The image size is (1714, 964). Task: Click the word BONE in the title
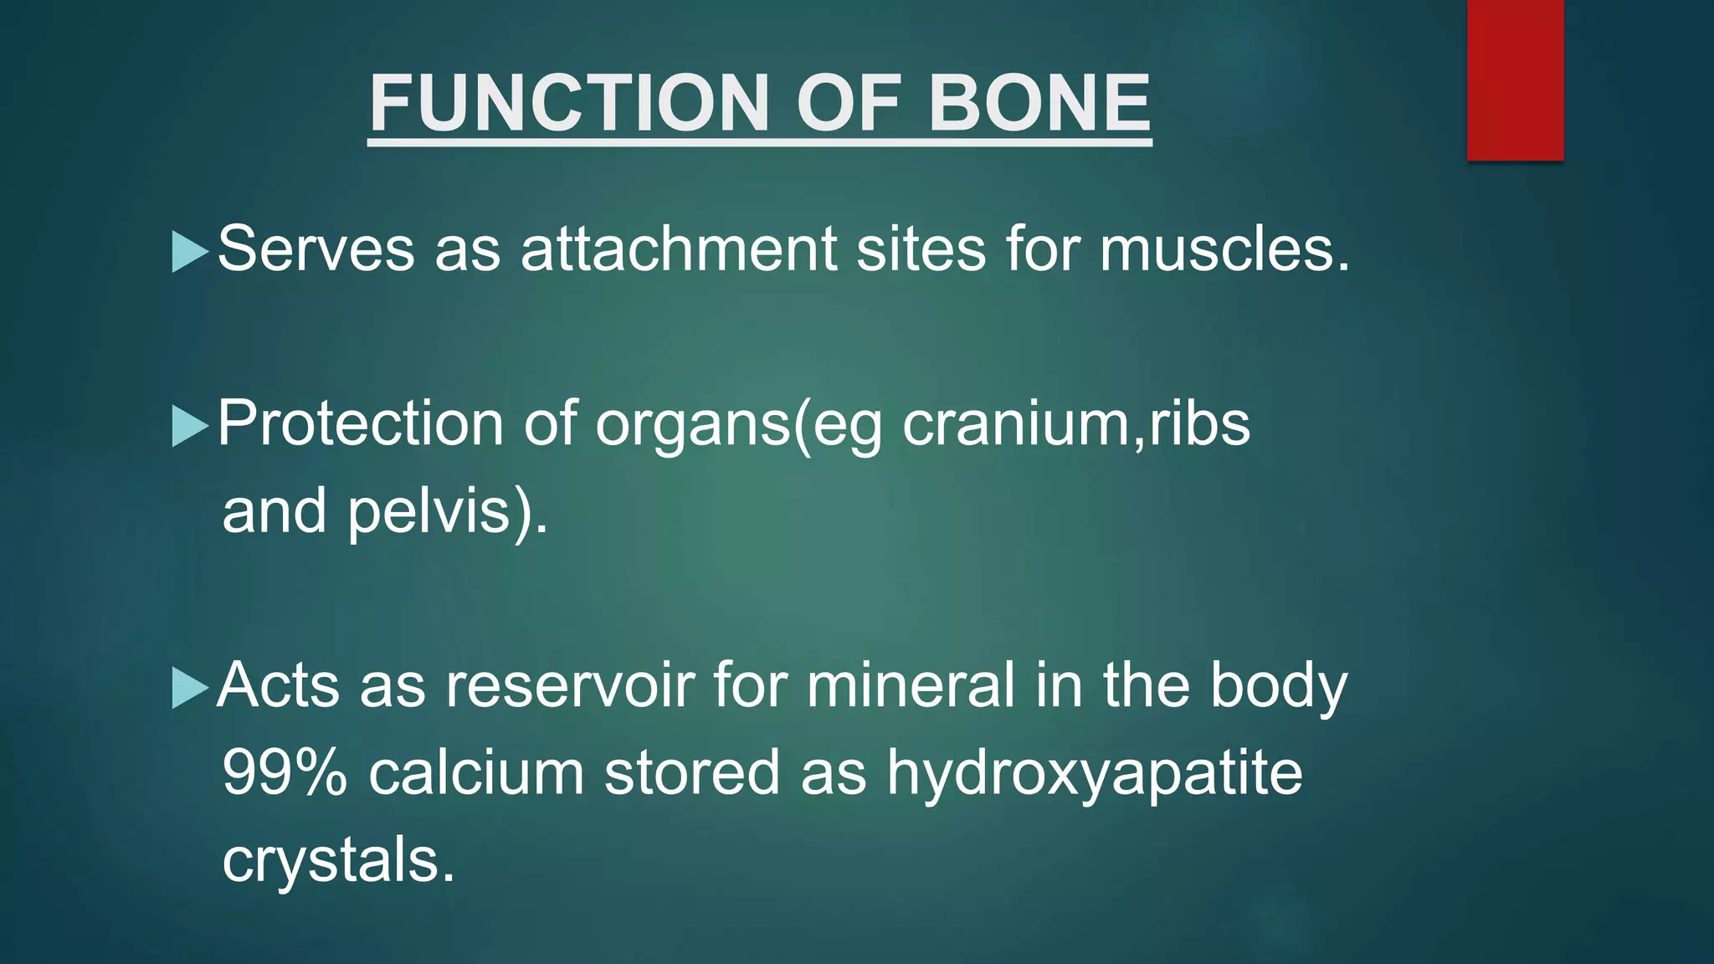(x=1039, y=104)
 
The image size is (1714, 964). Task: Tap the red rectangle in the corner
(x=1515, y=79)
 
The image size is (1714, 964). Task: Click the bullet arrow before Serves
(x=189, y=252)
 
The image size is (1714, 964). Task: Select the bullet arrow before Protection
(x=189, y=426)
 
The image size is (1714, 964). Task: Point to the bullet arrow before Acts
(x=189, y=688)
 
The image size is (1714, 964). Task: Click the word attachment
(x=678, y=249)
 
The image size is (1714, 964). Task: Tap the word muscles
(x=1224, y=249)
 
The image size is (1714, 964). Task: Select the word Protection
(x=360, y=423)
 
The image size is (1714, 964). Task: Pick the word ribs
(x=1199, y=423)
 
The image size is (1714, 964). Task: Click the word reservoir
(x=569, y=685)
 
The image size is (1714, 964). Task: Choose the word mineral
(x=911, y=685)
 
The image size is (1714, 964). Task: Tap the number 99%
(x=285, y=772)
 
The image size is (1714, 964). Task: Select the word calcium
(x=476, y=772)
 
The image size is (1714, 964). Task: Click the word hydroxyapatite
(x=1094, y=774)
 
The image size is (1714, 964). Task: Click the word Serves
(x=316, y=249)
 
